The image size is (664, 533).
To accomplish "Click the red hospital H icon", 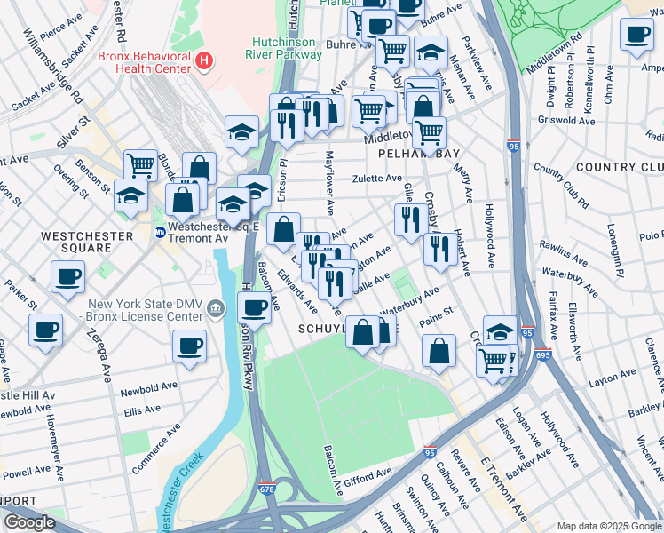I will pos(205,60).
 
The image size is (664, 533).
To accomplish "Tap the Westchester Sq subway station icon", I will pos(160,233).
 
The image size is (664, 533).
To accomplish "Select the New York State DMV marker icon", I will pos(216,308).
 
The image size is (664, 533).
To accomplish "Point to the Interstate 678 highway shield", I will pos(266,489).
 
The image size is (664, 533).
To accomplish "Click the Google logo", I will pos(29,523).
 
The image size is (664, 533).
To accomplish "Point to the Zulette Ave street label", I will pos(376,179).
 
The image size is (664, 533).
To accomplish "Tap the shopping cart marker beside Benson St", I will pos(140,164).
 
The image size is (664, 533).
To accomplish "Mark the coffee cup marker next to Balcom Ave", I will pos(254,308).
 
